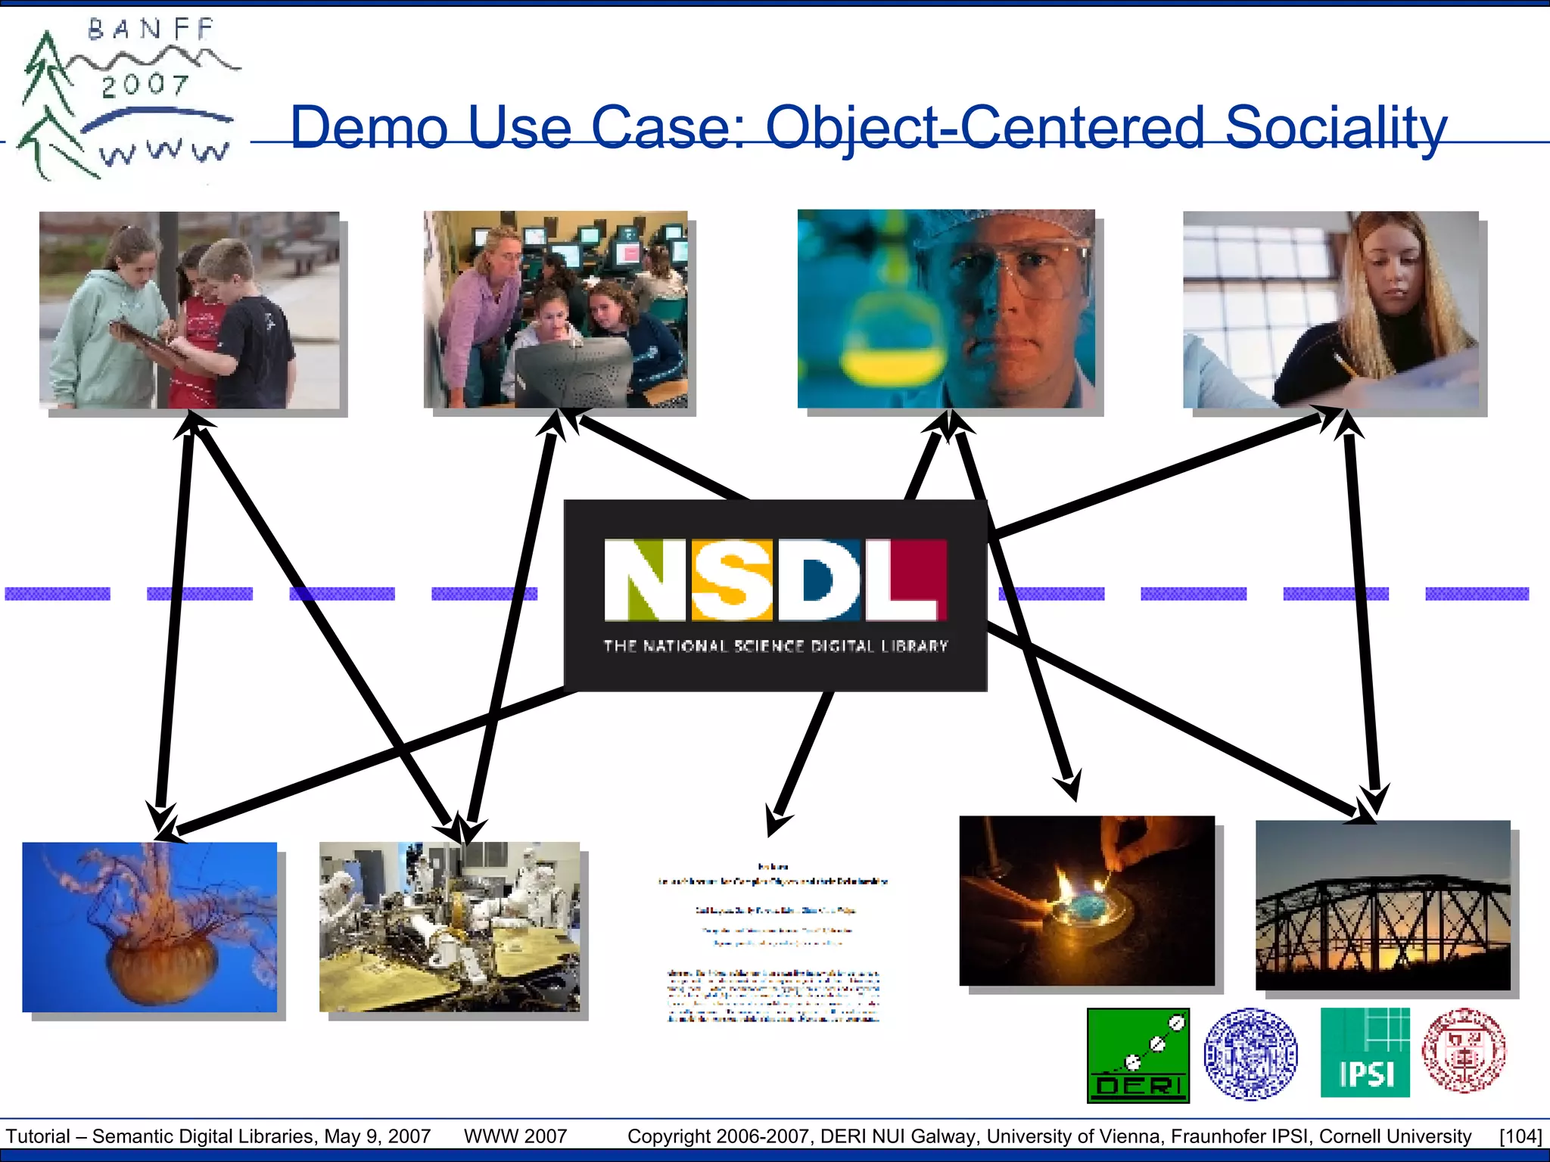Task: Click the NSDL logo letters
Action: (775, 579)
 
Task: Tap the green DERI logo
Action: (1138, 1055)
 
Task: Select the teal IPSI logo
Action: (1365, 1052)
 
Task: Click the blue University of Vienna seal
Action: (1250, 1053)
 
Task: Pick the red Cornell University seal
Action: (1464, 1050)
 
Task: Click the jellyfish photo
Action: (150, 927)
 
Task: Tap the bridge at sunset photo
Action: (1383, 905)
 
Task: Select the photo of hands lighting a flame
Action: (1087, 900)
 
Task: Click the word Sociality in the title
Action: (1336, 127)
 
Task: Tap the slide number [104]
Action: (1520, 1136)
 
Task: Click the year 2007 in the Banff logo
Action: (145, 85)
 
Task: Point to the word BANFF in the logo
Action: (151, 30)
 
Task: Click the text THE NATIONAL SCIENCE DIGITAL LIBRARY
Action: (775, 646)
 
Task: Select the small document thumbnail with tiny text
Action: (773, 942)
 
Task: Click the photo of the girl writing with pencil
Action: (1331, 309)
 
